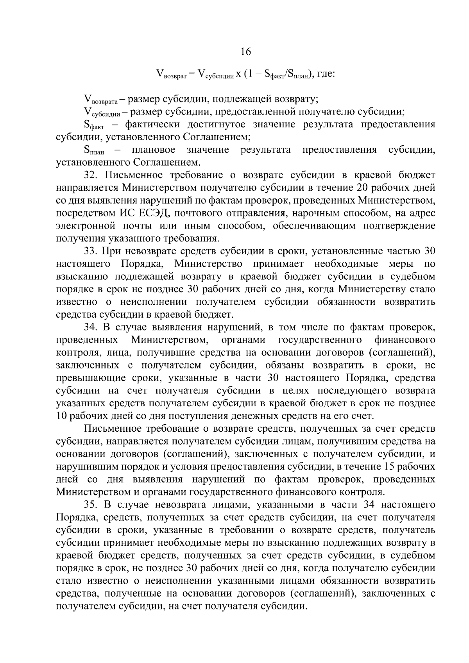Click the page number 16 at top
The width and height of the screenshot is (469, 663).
(245, 52)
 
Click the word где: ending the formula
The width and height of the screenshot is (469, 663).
(325, 73)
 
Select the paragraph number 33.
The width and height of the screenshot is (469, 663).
(91, 251)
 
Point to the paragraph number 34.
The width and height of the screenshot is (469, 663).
(91, 327)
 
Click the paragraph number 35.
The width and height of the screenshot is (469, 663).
(91, 505)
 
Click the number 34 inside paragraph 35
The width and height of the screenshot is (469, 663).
(369, 505)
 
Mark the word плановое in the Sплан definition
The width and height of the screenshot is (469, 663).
(154, 150)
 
